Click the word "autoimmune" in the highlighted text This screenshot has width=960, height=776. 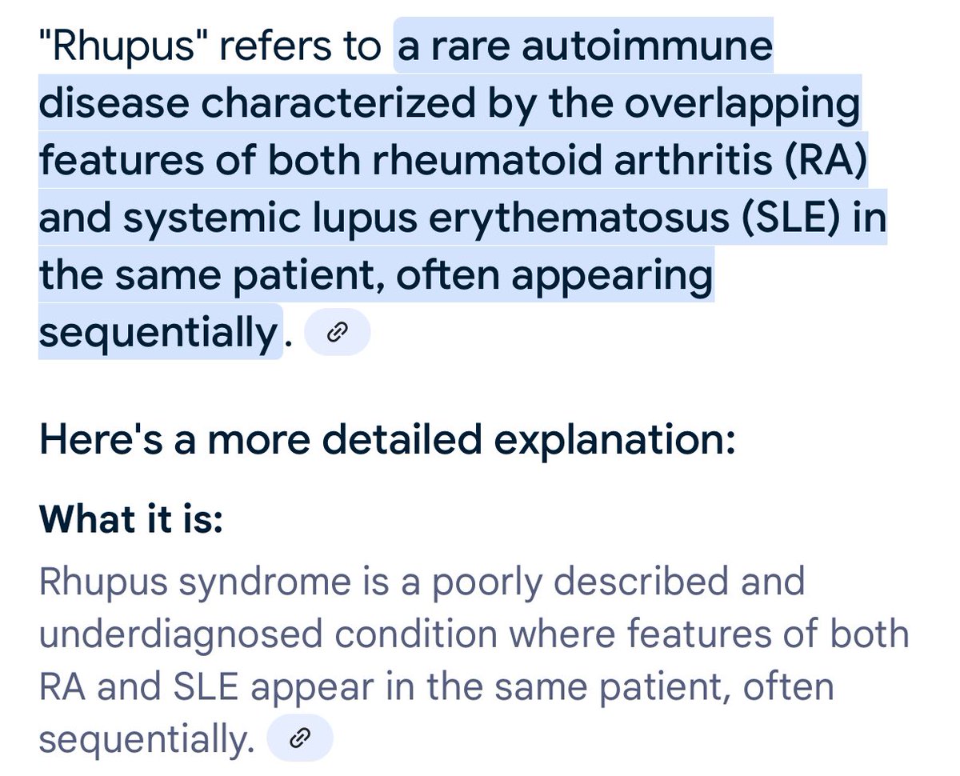[x=647, y=47]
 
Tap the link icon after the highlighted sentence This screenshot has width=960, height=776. [x=338, y=332]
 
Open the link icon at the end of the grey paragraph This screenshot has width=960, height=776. [x=298, y=738]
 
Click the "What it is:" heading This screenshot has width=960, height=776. [x=130, y=520]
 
